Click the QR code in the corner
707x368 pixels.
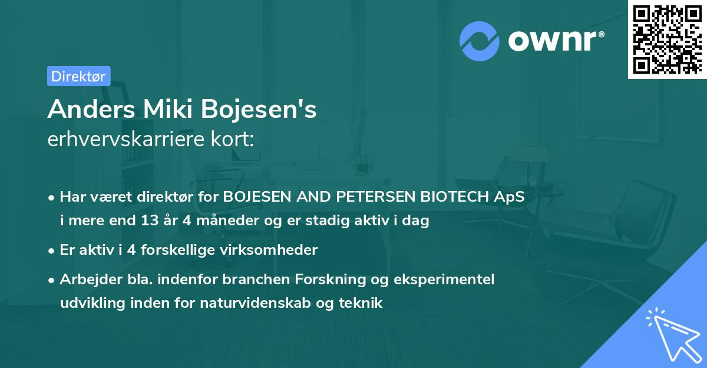pyautogui.click(x=667, y=39)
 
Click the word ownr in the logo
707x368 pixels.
pyautogui.click(x=553, y=40)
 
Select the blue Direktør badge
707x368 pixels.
pyautogui.click(x=78, y=76)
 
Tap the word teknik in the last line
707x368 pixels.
pyautogui.click(x=363, y=304)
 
